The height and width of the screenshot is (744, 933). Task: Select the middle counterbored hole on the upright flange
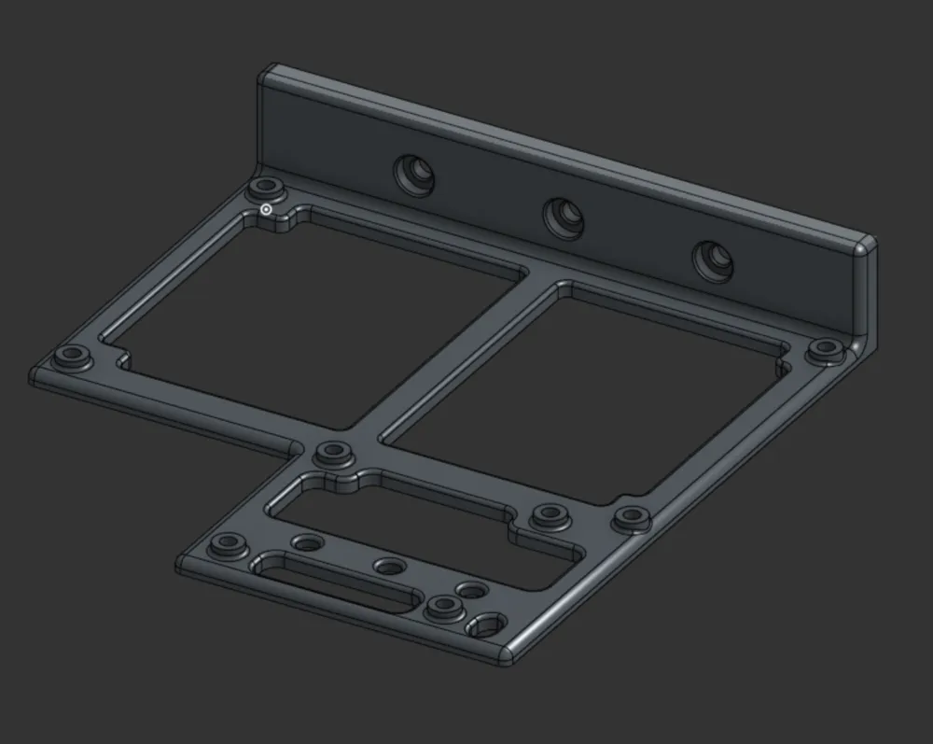(564, 217)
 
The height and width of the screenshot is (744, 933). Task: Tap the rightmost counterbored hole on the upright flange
(713, 261)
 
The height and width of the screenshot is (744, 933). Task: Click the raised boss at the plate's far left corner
(71, 358)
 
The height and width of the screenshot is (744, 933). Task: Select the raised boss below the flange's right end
(825, 350)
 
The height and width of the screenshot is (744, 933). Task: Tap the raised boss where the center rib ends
(331, 454)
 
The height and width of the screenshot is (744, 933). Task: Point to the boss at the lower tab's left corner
(227, 544)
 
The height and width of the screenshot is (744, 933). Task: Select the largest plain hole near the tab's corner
(485, 625)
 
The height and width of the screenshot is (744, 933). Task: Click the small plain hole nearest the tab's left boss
(305, 542)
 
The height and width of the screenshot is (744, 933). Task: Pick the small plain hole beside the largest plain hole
(472, 591)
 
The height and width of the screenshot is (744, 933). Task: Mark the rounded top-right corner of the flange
(865, 246)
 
